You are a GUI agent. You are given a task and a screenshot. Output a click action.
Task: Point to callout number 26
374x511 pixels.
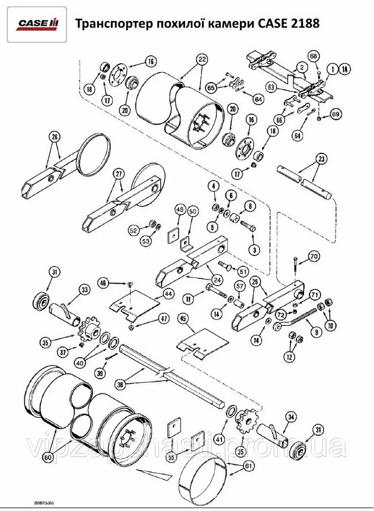pos(55,136)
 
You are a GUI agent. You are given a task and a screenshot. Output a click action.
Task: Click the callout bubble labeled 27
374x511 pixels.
pos(119,174)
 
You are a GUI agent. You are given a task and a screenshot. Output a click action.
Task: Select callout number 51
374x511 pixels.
pos(242,271)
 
